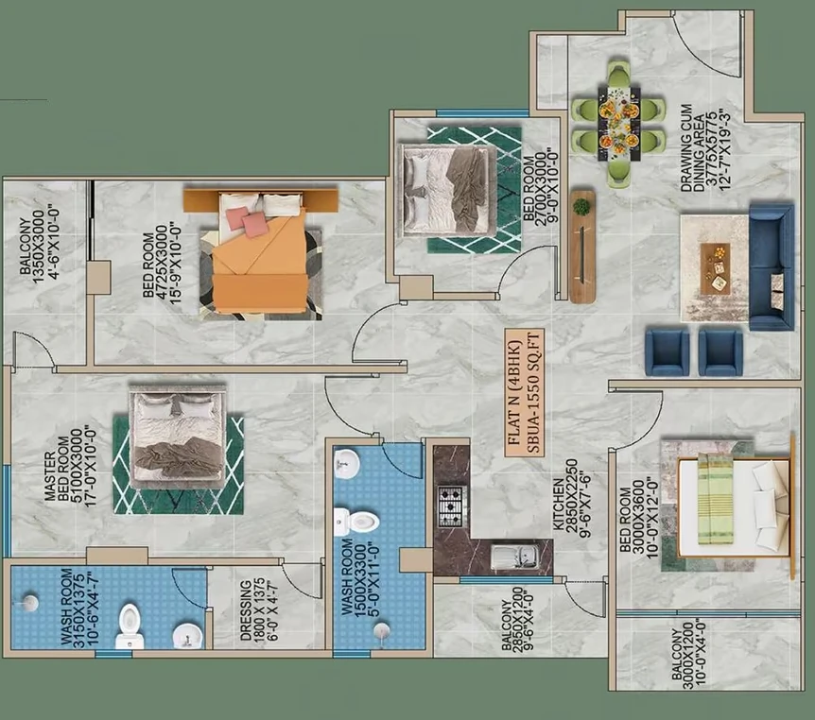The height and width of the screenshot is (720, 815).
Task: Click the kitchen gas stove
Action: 452,506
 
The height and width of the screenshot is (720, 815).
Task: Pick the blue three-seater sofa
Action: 772,266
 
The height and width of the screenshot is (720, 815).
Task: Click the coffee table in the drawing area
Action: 715,268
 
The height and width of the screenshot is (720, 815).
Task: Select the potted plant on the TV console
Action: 581,207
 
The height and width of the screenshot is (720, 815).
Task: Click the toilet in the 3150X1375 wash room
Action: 130,626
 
